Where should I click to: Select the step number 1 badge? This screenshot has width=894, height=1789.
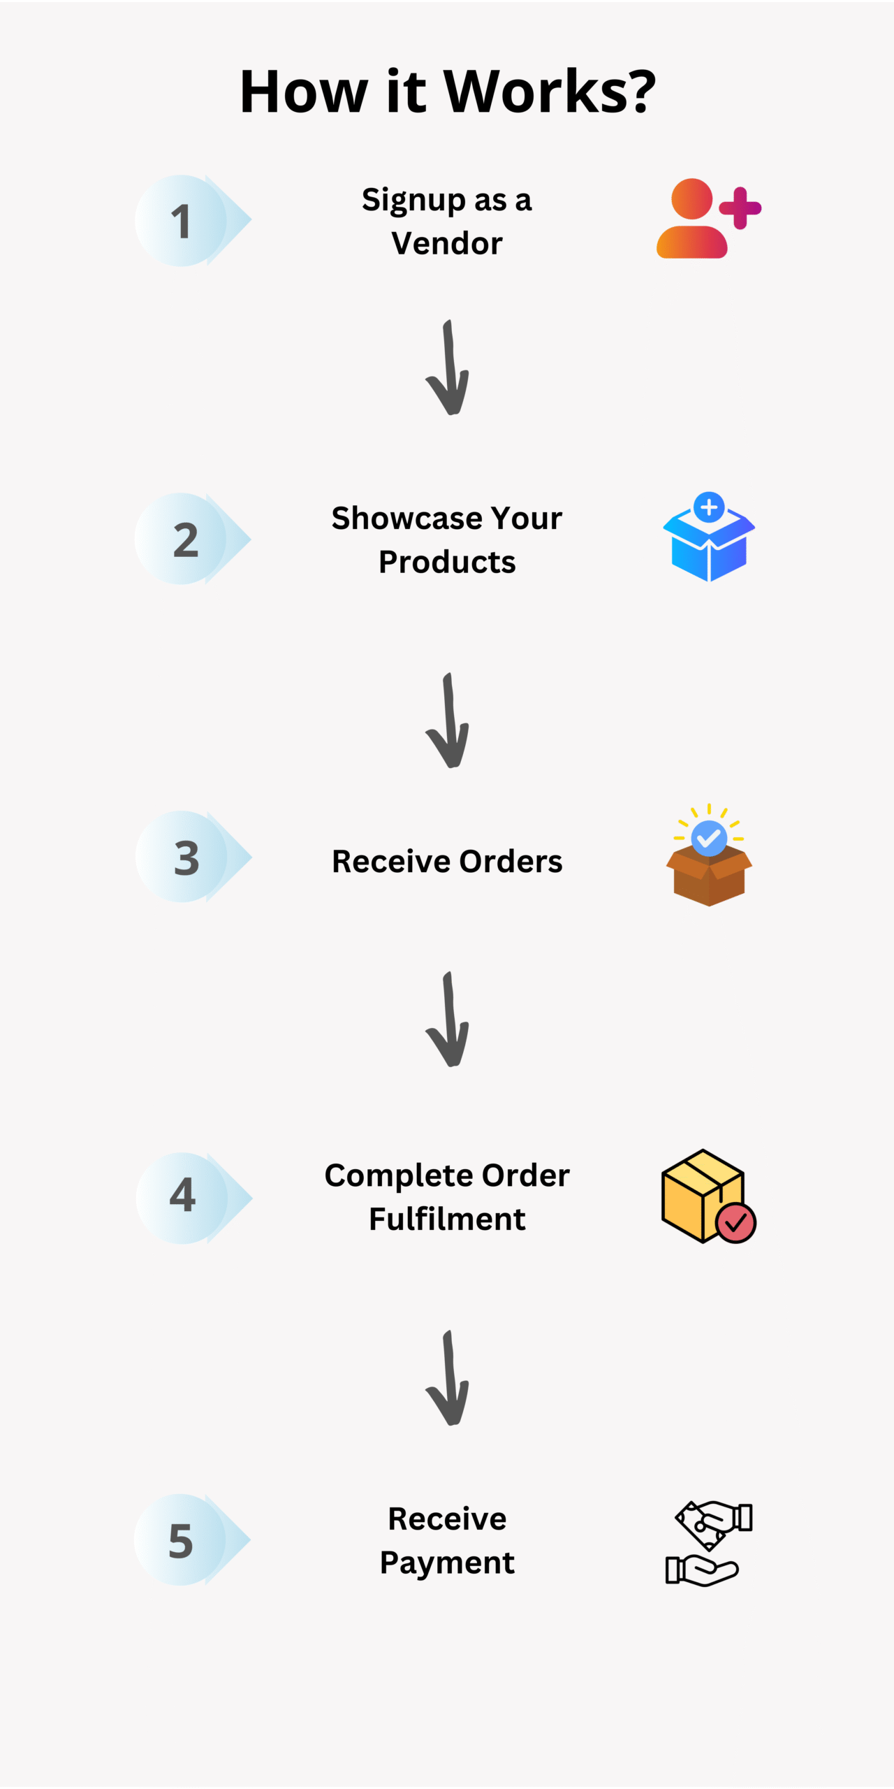click(182, 221)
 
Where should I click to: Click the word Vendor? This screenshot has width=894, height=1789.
click(447, 244)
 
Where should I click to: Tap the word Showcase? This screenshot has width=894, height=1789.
click(407, 519)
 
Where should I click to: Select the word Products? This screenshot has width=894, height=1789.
click(447, 563)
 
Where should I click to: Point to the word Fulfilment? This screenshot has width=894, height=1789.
click(447, 1219)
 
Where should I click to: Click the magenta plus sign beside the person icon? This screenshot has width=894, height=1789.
click(740, 208)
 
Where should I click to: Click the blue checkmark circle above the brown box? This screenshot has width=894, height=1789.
click(709, 837)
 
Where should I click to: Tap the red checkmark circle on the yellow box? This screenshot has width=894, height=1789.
click(735, 1222)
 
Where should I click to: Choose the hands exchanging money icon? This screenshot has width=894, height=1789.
click(708, 1542)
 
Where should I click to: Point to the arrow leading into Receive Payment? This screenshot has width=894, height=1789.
click(448, 1378)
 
